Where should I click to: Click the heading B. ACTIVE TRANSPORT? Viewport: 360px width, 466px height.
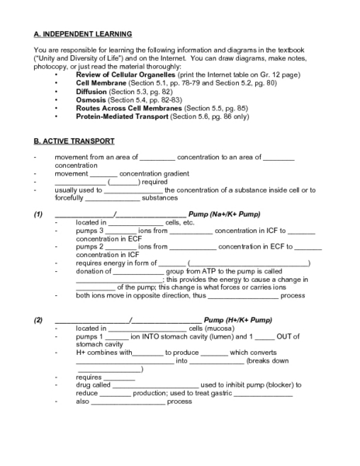(74, 141)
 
